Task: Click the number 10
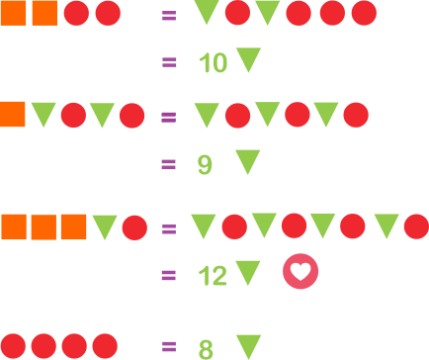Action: click(x=214, y=62)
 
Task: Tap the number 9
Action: click(x=205, y=165)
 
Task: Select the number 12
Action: click(x=213, y=275)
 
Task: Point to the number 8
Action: click(x=206, y=349)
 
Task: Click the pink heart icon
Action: click(x=300, y=271)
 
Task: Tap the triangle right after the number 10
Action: click(x=249, y=59)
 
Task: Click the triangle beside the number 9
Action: click(x=248, y=162)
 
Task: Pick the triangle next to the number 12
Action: click(x=248, y=273)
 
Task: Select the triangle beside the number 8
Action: click(x=249, y=347)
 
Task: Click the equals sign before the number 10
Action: click(x=169, y=62)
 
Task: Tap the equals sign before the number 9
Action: click(x=169, y=164)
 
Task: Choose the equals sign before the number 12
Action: click(x=169, y=275)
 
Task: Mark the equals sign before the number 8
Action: click(x=169, y=347)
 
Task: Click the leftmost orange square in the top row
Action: click(x=14, y=13)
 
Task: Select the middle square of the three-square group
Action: click(x=43, y=227)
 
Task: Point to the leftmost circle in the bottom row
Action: click(x=13, y=346)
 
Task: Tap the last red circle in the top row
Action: click(x=364, y=13)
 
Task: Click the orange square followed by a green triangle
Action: click(x=13, y=115)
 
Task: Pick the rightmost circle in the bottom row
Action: click(x=105, y=346)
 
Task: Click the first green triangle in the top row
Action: click(x=207, y=12)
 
